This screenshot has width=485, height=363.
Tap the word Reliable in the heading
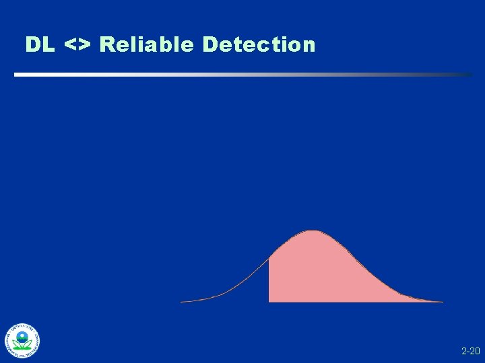click(x=146, y=44)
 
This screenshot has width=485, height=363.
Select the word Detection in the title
click(x=259, y=44)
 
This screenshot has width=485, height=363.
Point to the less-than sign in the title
click(x=71, y=45)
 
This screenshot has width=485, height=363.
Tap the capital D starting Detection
click(x=209, y=44)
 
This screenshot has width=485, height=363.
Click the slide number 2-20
click(x=470, y=351)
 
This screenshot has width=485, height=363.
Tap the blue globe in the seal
click(x=22, y=336)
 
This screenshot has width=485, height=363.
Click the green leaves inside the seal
click(x=22, y=345)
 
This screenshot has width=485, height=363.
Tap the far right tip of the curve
click(x=442, y=302)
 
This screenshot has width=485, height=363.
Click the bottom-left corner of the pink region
click(x=269, y=301)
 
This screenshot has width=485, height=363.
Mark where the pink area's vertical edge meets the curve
click(x=269, y=259)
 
